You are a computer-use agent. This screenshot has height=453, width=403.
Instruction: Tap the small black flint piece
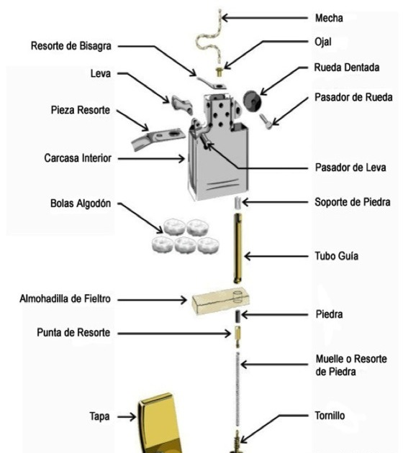(x=235, y=316)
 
